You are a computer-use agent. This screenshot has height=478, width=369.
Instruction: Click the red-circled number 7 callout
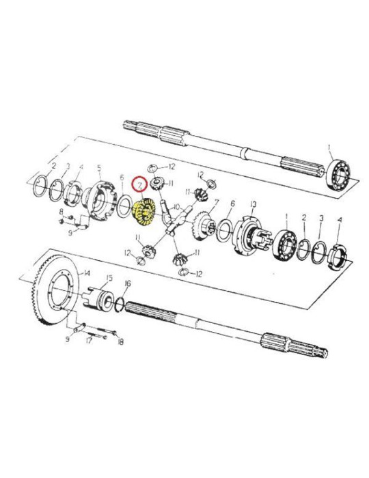[139, 185]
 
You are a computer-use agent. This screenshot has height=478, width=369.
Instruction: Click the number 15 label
[107, 278]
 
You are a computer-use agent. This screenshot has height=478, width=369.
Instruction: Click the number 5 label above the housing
[98, 167]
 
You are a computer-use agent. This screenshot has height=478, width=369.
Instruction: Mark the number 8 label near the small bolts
[61, 212]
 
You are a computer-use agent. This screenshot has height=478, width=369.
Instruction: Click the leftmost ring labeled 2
[42, 184]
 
